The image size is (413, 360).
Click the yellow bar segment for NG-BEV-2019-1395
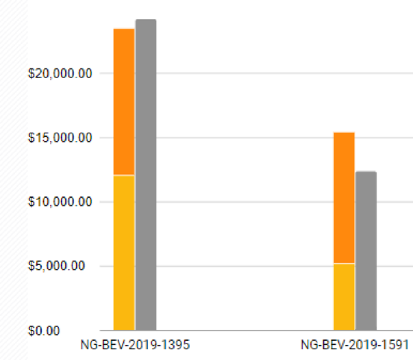124,253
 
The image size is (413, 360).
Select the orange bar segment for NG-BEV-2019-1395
124,102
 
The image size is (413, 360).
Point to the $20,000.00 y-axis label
60,73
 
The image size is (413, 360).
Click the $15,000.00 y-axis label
60,138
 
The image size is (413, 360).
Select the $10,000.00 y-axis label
60,202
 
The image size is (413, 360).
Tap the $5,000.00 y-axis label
63,266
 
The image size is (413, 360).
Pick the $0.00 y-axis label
73,331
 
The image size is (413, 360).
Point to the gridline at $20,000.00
260,73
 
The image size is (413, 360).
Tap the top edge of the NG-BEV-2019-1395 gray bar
146,20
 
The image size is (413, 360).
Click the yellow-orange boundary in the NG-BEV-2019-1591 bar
344,263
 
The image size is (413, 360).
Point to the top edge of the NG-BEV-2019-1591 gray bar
366,172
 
